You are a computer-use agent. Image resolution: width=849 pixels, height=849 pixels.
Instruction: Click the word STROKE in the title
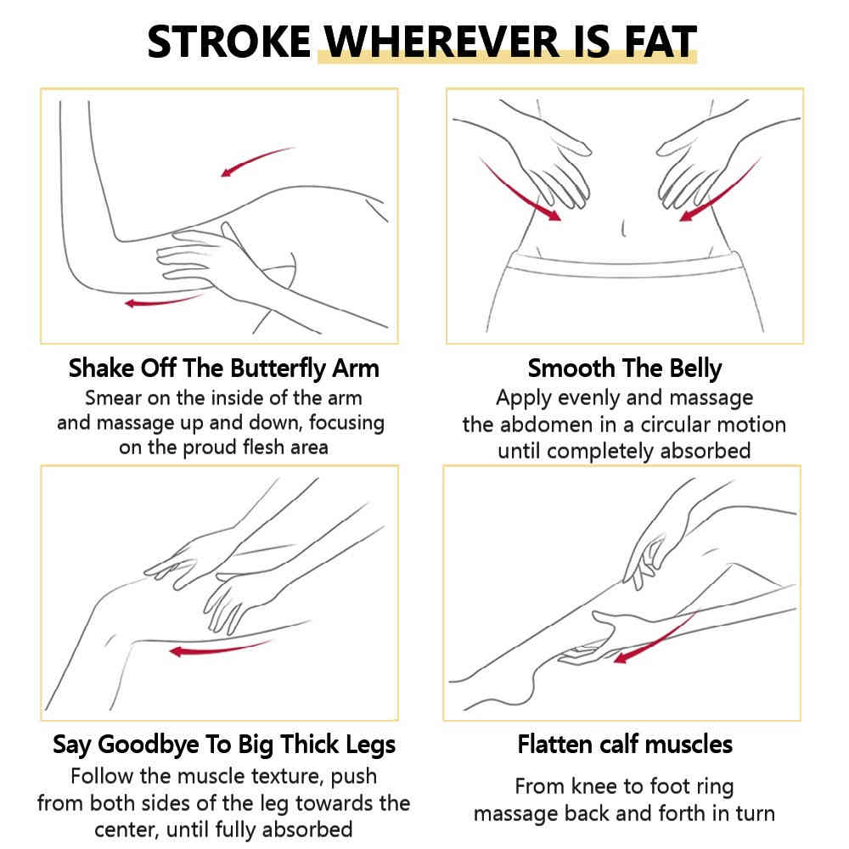[x=229, y=42]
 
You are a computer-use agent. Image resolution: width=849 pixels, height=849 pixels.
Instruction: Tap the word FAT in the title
[x=661, y=42]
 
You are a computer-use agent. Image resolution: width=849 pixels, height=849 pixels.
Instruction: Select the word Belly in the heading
[x=695, y=368]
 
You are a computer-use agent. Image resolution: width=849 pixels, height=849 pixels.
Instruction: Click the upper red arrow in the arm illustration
[x=258, y=160]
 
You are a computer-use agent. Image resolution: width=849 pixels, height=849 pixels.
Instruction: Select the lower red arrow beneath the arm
[x=164, y=301]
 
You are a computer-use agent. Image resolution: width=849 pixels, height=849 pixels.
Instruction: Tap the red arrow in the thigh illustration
[x=222, y=649]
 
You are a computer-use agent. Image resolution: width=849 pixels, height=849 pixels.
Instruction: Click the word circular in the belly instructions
[x=675, y=425]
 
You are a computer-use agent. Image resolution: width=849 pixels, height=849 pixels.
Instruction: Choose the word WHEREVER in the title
[x=441, y=42]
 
